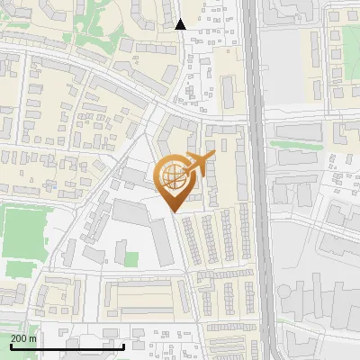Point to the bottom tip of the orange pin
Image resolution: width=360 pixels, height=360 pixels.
point(173,212)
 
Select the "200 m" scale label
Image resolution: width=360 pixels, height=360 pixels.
point(23,337)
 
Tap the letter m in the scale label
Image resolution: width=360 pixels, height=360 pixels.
point(32,337)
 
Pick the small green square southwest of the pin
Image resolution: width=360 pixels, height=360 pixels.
point(130,259)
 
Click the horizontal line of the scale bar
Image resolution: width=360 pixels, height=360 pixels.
point(67,346)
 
